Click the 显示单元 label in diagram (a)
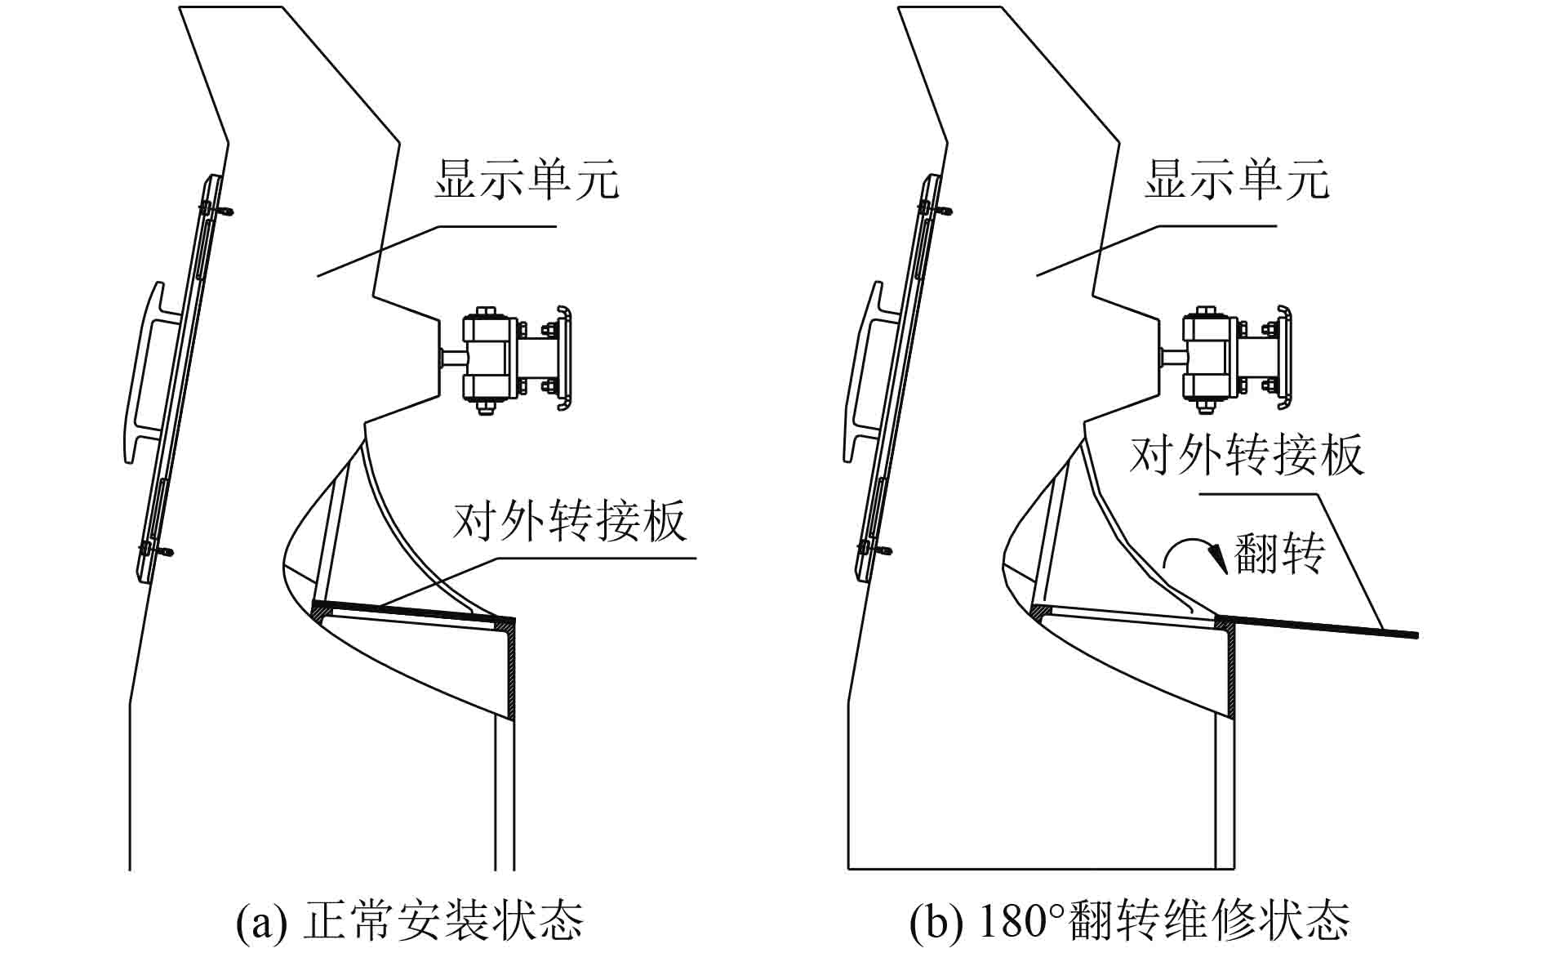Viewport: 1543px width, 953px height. (527, 180)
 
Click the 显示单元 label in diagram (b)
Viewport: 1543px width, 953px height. (1236, 180)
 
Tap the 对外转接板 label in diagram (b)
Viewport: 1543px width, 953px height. (1246, 455)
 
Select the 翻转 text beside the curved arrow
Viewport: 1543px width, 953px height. (1280, 553)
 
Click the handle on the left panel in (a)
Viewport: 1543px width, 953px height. (147, 372)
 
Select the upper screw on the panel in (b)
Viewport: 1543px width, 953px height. (937, 210)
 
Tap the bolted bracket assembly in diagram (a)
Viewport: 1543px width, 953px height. (506, 359)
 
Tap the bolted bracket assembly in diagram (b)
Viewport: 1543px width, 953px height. (1225, 359)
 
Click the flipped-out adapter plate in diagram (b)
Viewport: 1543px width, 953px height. (1323, 626)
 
